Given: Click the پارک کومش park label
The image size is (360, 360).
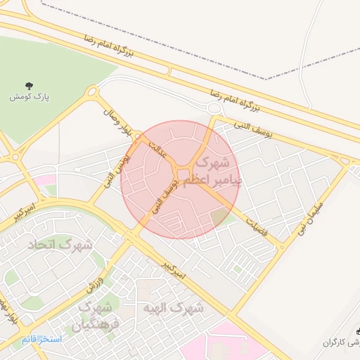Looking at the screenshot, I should [27, 96].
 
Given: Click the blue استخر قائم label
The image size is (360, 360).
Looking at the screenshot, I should [41, 340].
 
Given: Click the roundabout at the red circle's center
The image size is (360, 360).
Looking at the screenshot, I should [183, 174].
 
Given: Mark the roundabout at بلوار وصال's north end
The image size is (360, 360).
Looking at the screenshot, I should [92, 92].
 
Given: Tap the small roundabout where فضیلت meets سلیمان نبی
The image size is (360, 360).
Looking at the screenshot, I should [283, 247].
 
